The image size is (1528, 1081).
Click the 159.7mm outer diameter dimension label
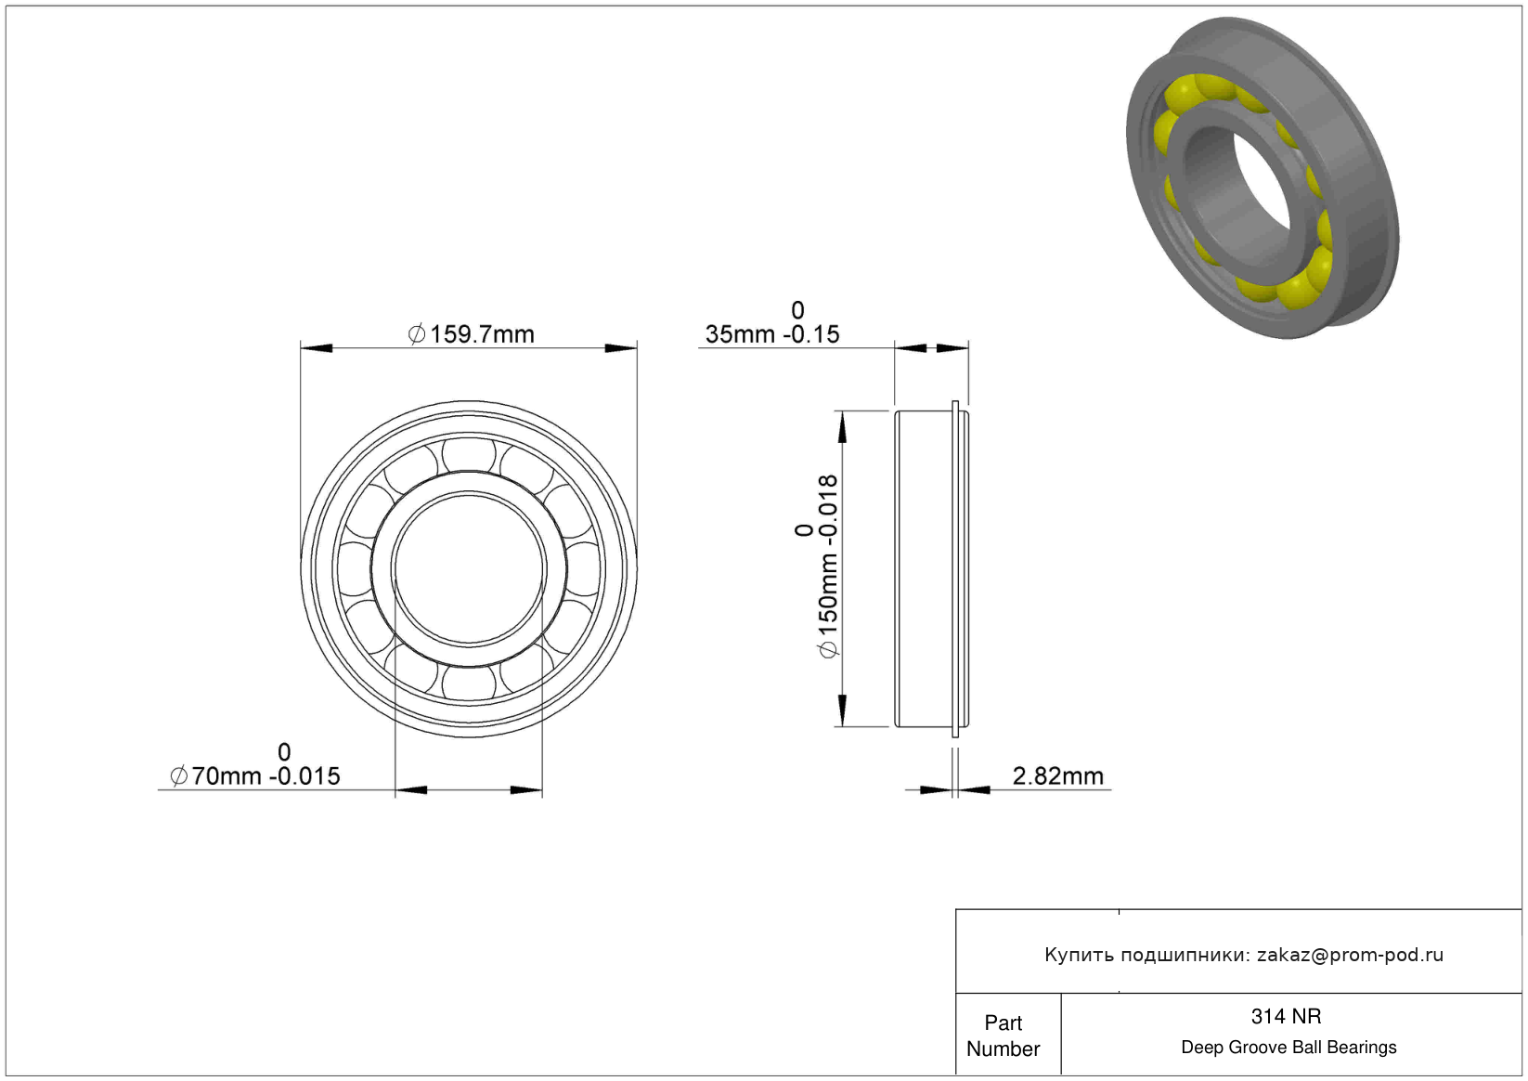pos(472,334)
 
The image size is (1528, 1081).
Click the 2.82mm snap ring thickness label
pos(1057,776)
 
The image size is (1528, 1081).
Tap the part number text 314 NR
pos(1286,1016)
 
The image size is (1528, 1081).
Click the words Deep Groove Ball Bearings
pos(1288,1047)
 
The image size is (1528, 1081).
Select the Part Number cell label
pos(1003,1035)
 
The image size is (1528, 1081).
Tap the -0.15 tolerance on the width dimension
pos(811,334)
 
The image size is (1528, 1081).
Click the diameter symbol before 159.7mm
pos(416,334)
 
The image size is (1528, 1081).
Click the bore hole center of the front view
pos(470,568)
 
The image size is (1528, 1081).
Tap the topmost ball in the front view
pos(470,455)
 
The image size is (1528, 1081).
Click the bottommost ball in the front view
pos(470,682)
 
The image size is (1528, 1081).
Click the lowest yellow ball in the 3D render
pos(1300,283)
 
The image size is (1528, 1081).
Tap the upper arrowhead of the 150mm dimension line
pos(843,427)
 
